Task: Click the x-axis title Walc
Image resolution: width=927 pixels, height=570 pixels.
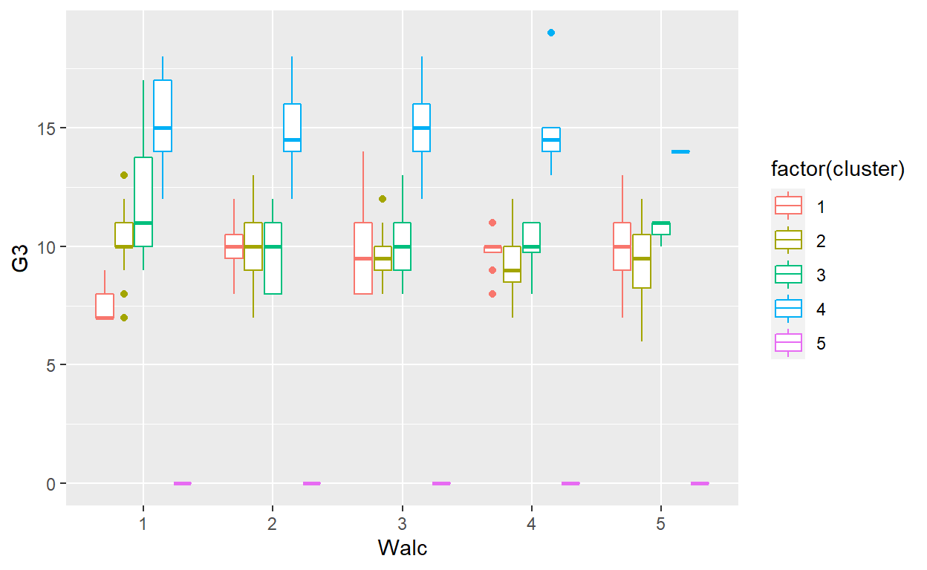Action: click(x=402, y=548)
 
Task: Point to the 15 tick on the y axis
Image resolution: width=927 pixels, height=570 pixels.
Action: click(x=51, y=128)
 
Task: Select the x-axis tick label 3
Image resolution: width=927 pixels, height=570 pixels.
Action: click(x=402, y=523)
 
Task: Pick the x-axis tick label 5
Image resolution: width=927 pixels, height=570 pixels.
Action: click(x=660, y=523)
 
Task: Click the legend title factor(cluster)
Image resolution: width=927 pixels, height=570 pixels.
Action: click(x=837, y=170)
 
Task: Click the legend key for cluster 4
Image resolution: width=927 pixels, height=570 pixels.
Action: click(x=788, y=308)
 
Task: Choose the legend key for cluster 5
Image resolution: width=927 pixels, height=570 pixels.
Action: click(x=788, y=342)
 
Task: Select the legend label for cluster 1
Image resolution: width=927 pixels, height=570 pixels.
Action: click(x=821, y=206)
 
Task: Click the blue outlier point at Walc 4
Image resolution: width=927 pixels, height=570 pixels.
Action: click(x=550, y=33)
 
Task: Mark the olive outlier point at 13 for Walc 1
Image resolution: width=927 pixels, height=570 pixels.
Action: click(x=124, y=175)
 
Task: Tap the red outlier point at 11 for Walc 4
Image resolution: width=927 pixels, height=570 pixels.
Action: click(x=492, y=223)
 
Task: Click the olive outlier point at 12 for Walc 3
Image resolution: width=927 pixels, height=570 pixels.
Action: click(x=383, y=199)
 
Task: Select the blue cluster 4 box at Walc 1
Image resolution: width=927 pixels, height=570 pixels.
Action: click(x=163, y=116)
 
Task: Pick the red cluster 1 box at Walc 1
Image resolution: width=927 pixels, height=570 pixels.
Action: click(x=105, y=306)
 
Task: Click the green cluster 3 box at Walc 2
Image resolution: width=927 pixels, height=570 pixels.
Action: click(x=273, y=258)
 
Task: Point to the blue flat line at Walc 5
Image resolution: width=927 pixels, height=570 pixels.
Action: click(x=680, y=151)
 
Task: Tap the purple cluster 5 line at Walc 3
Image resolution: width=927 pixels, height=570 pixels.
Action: click(x=441, y=483)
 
